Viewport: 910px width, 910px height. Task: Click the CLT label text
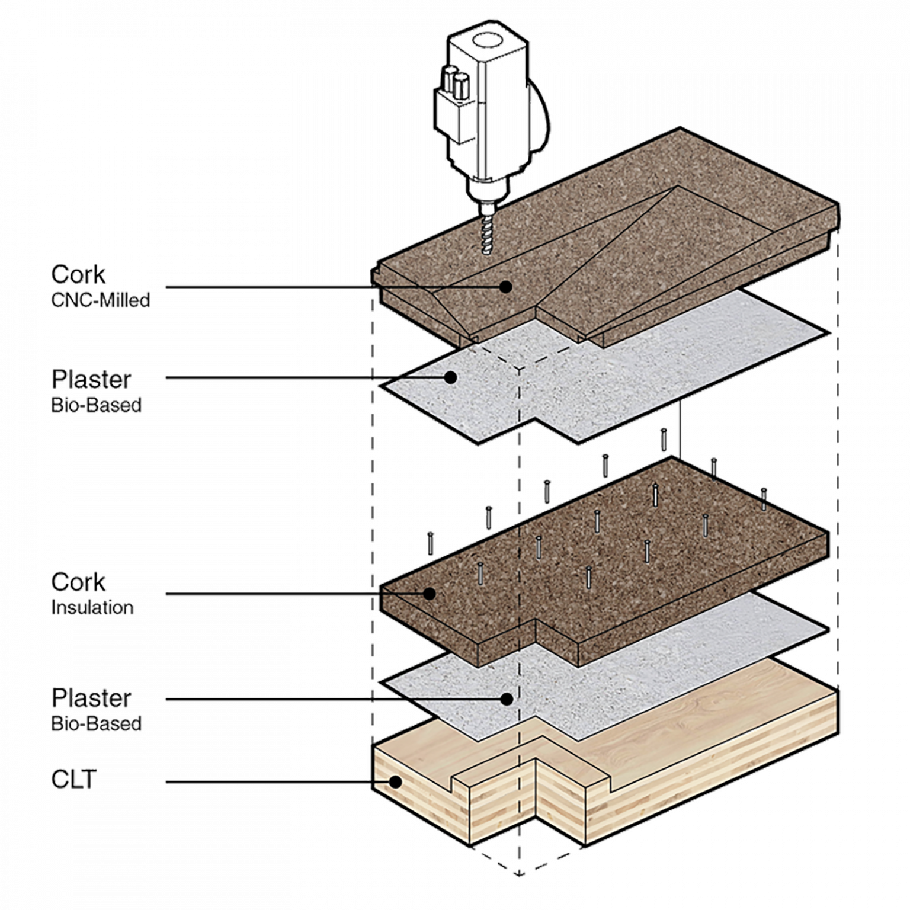click(74, 780)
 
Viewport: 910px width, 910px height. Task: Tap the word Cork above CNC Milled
click(79, 274)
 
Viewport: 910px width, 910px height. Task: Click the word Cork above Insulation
click(79, 582)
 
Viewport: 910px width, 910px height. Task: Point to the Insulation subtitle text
click(97, 607)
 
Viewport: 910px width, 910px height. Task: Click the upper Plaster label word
click(91, 379)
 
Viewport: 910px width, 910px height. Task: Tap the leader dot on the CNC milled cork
click(505, 287)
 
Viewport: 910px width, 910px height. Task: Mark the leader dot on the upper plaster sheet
click(451, 377)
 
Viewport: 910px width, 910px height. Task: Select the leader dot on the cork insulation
click(430, 592)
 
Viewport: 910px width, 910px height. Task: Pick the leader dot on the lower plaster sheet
click(506, 699)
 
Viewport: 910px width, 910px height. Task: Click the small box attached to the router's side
click(453, 113)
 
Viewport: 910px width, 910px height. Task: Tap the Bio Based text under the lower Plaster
click(95, 723)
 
